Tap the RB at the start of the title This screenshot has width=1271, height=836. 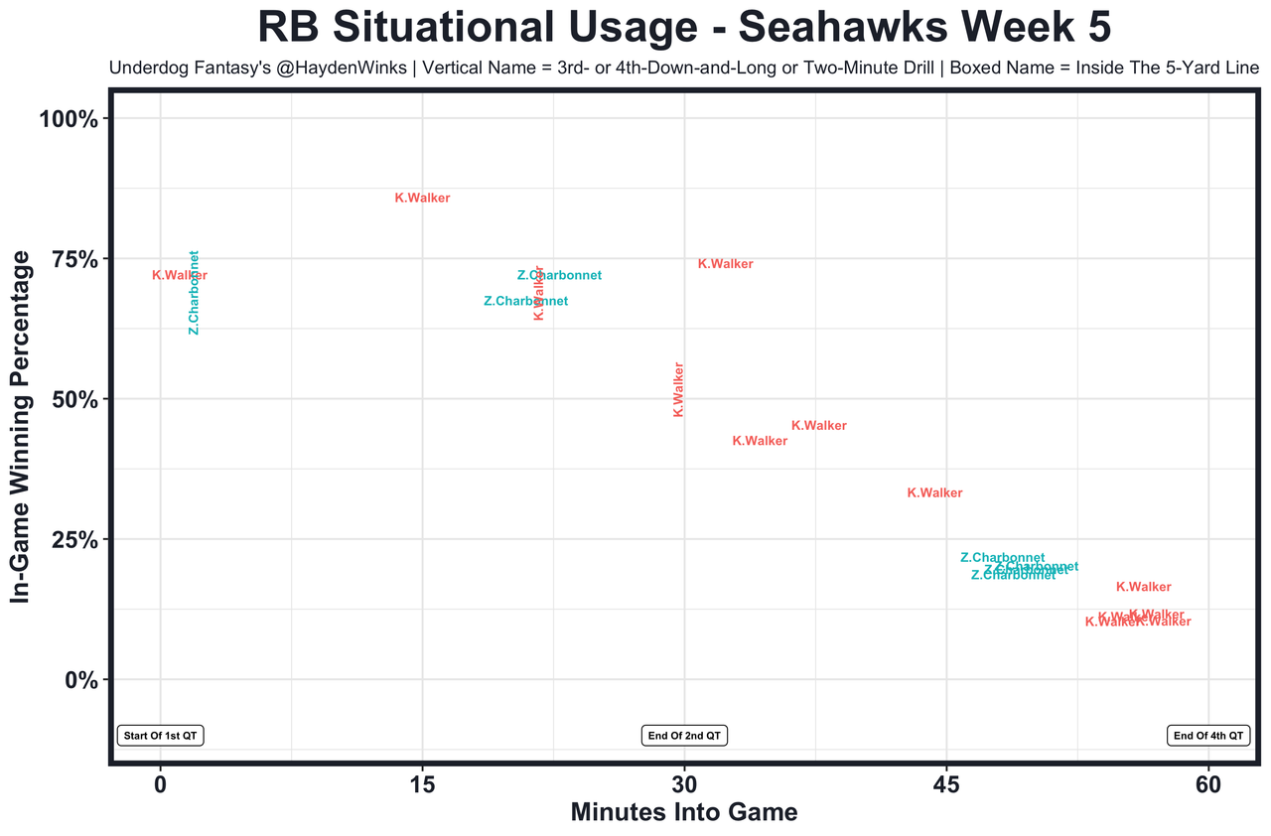[292, 27]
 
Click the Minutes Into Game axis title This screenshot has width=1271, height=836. [684, 812]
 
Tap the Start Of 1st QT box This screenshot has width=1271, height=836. [161, 736]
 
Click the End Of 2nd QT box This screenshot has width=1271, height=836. [684, 736]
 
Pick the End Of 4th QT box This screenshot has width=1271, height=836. [1207, 736]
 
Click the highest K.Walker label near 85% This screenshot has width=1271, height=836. [422, 199]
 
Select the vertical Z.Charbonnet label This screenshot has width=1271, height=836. [195, 293]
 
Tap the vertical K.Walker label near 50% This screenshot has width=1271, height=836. [679, 389]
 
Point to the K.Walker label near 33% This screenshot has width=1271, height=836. [934, 493]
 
